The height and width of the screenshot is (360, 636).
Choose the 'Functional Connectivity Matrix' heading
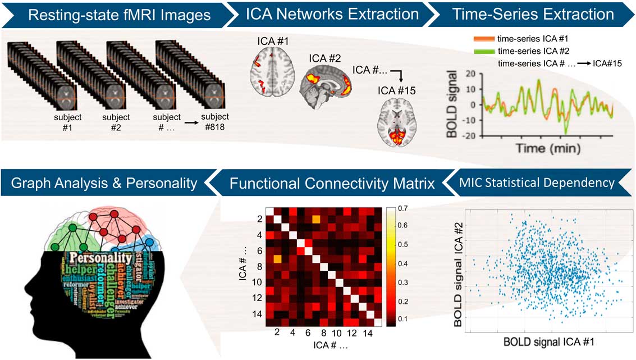click(332, 182)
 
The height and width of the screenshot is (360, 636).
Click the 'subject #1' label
click(67, 122)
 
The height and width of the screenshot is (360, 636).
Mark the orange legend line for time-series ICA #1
click(483, 39)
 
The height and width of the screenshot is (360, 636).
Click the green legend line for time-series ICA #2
click(483, 51)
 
